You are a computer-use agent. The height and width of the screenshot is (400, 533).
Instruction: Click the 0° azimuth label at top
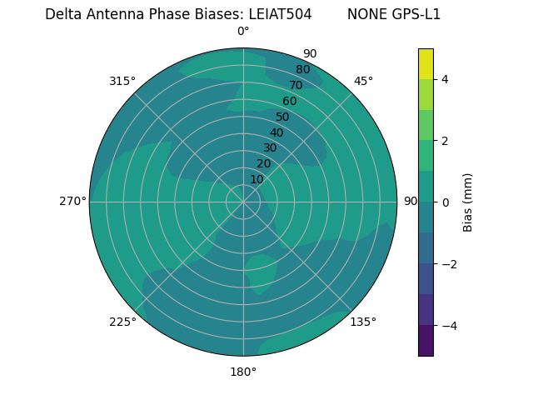pos(243,32)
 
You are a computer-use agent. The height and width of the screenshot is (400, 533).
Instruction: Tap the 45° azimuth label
pos(363,81)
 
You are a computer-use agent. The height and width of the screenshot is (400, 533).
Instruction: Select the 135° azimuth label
pos(363,322)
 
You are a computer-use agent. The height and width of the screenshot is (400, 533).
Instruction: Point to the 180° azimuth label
pos(243,372)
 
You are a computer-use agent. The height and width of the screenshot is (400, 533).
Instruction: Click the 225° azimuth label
pos(122,322)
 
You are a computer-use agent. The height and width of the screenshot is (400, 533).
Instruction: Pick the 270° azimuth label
pos(72,201)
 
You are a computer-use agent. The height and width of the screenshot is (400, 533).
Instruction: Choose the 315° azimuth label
pos(122,81)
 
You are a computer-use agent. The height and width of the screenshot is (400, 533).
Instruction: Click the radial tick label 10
pos(257,179)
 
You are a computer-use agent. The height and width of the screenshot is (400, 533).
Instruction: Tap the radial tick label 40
pos(276,132)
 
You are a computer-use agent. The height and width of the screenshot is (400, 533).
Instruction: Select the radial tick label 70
pos(296,85)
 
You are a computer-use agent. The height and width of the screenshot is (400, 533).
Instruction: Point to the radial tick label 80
pos(302,69)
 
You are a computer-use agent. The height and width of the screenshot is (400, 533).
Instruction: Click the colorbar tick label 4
pos(445,79)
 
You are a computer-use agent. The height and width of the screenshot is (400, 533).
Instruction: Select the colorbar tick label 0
pos(445,202)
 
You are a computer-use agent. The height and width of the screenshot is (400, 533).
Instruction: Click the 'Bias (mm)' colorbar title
pos(468,202)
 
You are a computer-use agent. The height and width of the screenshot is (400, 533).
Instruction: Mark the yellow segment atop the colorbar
pos(426,63)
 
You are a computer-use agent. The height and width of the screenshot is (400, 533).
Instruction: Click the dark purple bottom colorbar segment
pos(426,340)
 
